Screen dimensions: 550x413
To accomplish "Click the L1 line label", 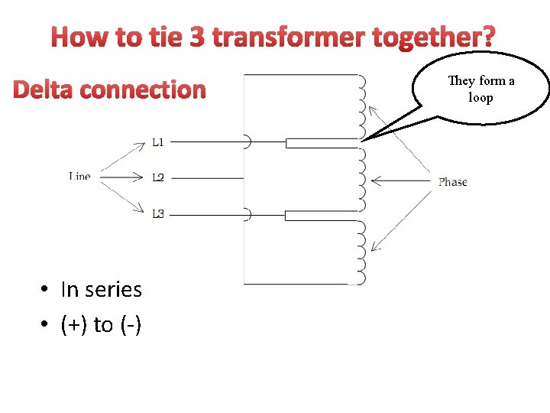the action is pyautogui.click(x=157, y=141).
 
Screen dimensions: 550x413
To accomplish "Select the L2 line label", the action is pyautogui.click(x=157, y=178).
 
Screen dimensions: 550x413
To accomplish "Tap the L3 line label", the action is pyautogui.click(x=157, y=214).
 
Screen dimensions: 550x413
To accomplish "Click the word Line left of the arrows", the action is pyautogui.click(x=79, y=177).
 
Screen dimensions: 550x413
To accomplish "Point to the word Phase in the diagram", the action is pyautogui.click(x=453, y=182).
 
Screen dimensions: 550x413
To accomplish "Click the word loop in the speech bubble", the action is pyautogui.click(x=480, y=98).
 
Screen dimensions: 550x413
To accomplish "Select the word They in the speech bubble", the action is pyautogui.click(x=461, y=81).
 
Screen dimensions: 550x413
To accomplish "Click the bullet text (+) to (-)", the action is pyautogui.click(x=101, y=325).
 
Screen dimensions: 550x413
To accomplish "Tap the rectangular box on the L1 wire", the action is pyautogui.click(x=321, y=142).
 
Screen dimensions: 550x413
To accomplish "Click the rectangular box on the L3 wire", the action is pyautogui.click(x=321, y=216).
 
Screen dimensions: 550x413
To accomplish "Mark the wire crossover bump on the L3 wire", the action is pyautogui.click(x=247, y=215).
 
